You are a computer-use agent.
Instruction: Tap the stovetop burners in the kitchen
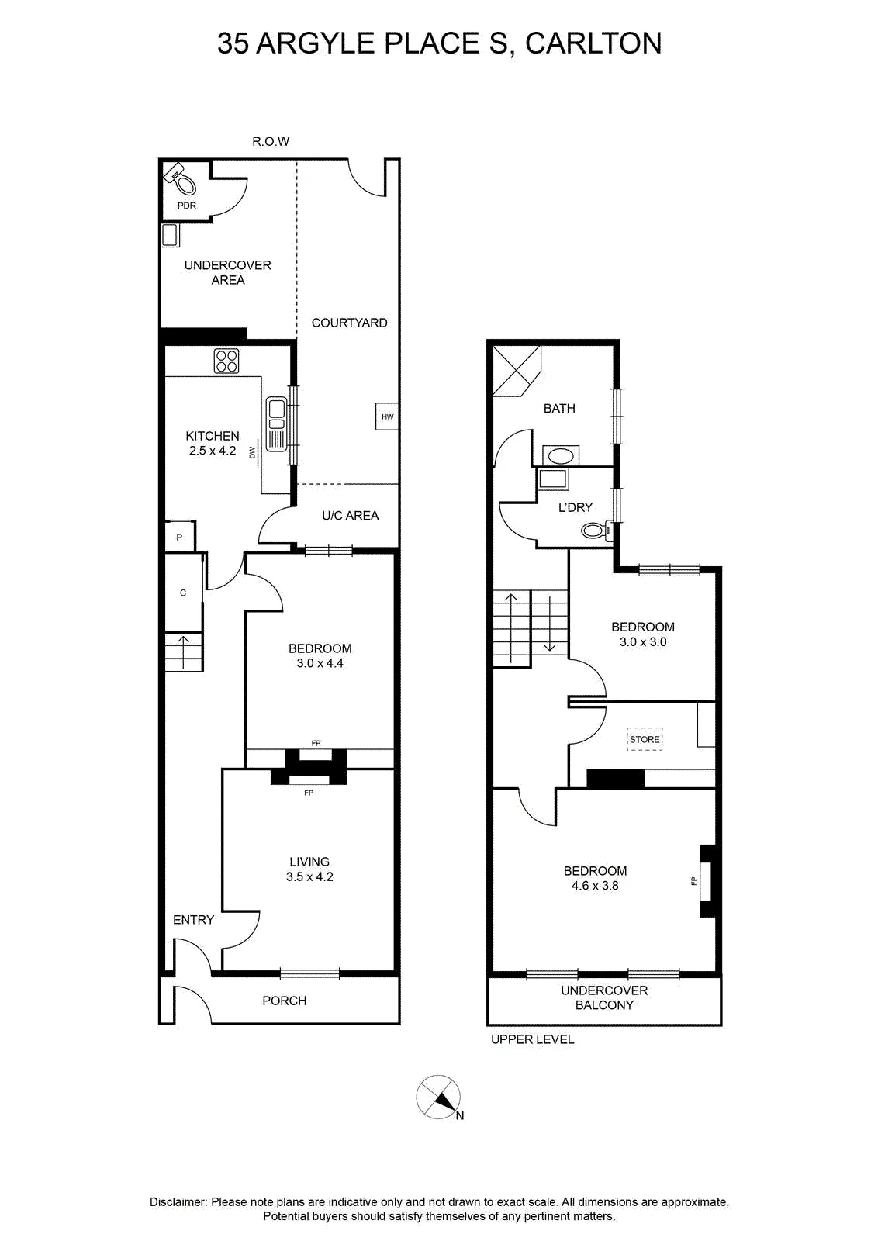tap(226, 361)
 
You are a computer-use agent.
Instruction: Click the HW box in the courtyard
tap(387, 416)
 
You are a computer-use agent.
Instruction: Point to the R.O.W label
tap(271, 141)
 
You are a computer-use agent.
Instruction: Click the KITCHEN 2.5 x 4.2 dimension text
tap(213, 451)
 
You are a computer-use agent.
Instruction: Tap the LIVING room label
tap(309, 862)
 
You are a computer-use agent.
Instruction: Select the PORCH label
tap(284, 1001)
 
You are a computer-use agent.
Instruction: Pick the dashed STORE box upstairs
tap(645, 739)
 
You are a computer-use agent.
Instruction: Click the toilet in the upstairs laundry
tap(597, 531)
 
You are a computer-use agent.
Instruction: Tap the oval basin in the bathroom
tap(561, 456)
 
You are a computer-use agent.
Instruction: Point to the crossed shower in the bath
tap(517, 371)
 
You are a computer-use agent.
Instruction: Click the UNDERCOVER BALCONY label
tap(604, 997)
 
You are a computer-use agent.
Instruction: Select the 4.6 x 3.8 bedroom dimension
tap(595, 885)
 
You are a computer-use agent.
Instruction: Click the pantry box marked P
tap(180, 536)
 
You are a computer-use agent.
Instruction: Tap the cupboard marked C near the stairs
tap(183, 593)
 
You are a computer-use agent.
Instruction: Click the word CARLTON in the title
tap(593, 43)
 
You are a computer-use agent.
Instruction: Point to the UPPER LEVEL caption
tap(532, 1039)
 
